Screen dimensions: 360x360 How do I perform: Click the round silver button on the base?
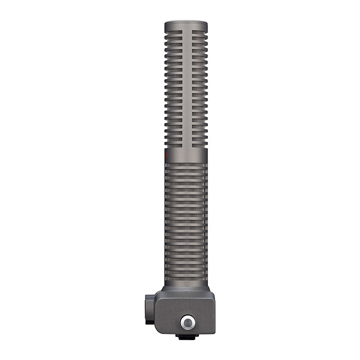[188, 323]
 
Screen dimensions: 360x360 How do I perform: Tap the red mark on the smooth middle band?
[166, 154]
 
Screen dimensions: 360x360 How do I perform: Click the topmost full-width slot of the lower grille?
[186, 165]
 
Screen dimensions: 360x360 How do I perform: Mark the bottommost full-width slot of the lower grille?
[186, 280]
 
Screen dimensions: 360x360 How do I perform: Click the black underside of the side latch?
[149, 322]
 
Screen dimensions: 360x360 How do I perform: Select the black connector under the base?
[186, 337]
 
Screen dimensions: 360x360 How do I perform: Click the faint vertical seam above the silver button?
[188, 303]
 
